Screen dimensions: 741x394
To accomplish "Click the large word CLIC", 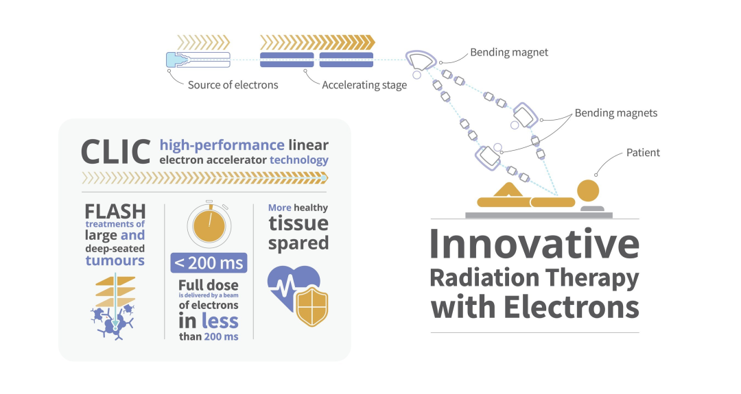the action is point(116,152).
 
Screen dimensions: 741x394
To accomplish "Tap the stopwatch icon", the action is point(209,225).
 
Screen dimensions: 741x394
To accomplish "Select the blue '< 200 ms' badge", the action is point(209,263).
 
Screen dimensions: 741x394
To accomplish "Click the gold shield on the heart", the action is point(312,307).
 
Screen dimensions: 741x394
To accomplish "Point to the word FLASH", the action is point(115,211).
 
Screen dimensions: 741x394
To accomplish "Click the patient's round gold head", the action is point(588,190).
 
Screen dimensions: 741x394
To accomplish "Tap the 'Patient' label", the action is point(643,152).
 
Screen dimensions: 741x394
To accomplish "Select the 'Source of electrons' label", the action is point(233,85).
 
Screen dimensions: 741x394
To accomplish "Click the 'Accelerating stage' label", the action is point(364,86).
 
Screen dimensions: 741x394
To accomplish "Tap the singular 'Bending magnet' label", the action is point(509,52).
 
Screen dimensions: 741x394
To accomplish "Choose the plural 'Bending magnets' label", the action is point(615,113).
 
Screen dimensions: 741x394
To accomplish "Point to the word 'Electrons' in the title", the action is point(572,307).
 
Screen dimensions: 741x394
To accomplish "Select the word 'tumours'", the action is point(115,260).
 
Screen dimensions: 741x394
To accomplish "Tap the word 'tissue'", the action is point(298,223).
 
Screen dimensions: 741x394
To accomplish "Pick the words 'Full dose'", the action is point(209,285).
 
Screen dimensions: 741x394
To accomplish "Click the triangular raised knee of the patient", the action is point(508,190).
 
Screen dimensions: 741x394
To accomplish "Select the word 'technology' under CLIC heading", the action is point(298,160).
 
